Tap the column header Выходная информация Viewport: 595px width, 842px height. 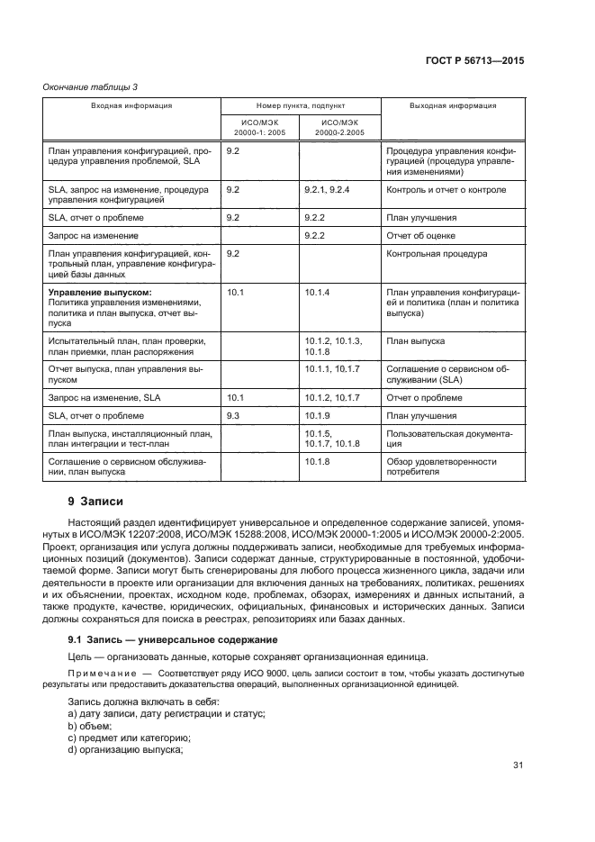tap(453, 106)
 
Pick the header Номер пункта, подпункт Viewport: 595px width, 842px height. tap(300, 106)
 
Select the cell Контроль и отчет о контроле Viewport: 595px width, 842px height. tap(446, 190)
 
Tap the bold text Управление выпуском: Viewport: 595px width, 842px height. tap(100, 293)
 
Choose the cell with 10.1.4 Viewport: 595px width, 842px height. tap(318, 293)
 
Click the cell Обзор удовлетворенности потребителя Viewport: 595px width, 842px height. tap(440, 466)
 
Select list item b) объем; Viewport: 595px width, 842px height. tap(98, 725)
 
